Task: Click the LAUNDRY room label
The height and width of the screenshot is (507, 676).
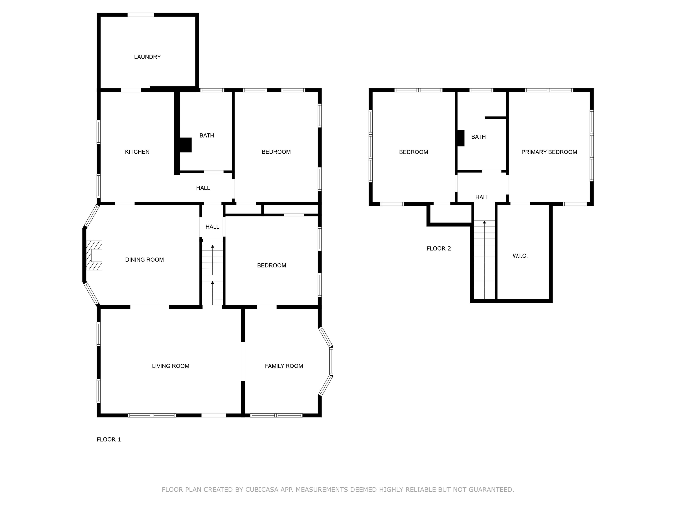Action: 147,57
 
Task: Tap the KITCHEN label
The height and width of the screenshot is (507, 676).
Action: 137,152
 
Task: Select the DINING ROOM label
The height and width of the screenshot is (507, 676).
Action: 145,260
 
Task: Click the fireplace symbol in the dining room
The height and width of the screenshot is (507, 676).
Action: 94,255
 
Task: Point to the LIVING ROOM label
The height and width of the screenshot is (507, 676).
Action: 171,366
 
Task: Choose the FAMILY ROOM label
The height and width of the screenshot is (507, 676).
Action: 284,366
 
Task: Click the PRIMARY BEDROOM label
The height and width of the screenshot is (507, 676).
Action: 549,152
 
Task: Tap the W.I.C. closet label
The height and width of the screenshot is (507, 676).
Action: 520,256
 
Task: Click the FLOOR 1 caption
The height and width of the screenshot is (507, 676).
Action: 109,439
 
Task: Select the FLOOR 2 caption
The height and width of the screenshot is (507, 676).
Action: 439,248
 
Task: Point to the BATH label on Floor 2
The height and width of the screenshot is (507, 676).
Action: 478,137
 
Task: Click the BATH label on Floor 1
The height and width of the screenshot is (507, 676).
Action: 207,135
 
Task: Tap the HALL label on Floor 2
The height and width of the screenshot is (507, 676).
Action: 482,197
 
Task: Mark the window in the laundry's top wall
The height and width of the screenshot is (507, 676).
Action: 141,15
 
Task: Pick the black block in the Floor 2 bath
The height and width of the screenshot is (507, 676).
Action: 461,138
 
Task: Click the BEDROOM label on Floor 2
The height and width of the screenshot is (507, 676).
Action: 413,152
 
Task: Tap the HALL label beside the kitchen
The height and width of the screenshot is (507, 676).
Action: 203,188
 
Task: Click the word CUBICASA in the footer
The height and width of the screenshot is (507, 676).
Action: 262,490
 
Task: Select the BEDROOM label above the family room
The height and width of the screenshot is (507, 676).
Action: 272,266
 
